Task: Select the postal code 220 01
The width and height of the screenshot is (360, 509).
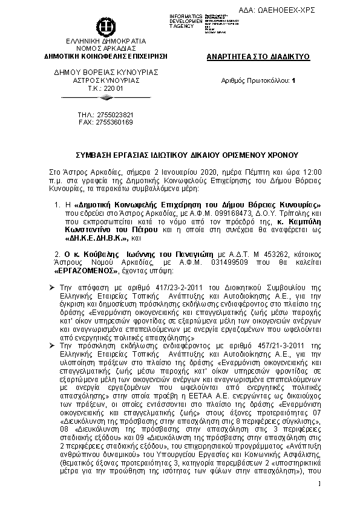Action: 110,88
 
